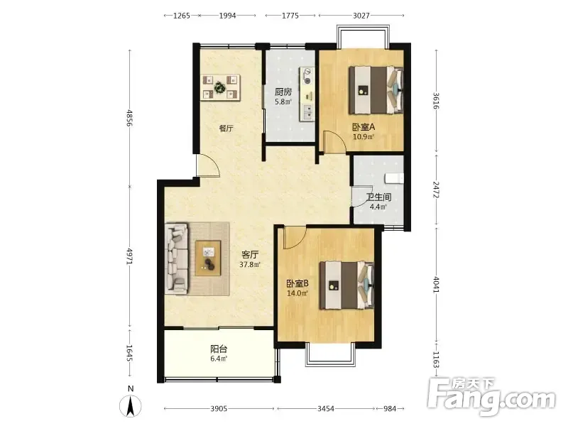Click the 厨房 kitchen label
pos(283,92)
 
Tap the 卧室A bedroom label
pos(364,127)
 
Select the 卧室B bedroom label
pos(297,283)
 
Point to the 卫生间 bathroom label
pos(378,197)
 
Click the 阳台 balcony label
pos(219,349)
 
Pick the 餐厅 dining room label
pos(226,129)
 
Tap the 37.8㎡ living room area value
pos(250,265)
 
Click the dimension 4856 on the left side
pos(129,118)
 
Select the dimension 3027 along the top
pos(361,16)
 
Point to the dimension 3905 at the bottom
pos(219,409)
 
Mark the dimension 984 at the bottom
pos(390,409)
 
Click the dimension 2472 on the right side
pos(436,190)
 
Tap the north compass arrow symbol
pos(131,406)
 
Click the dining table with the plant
pos(221,87)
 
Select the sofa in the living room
pos(177,258)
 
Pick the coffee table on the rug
pos(208,258)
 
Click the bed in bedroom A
pos(376,89)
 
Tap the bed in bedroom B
pos(346,285)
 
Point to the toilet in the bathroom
pos(394,178)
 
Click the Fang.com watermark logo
pos(491,397)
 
